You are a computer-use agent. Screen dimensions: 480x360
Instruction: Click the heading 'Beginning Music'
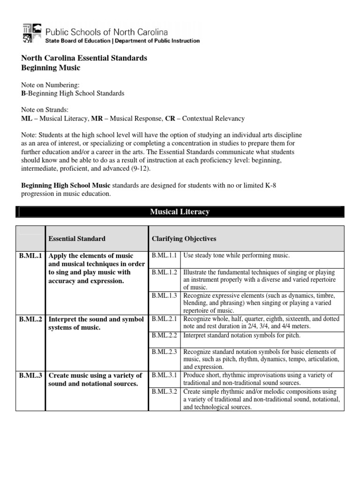click(x=51, y=68)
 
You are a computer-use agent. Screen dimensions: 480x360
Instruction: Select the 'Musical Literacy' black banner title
click(x=180, y=212)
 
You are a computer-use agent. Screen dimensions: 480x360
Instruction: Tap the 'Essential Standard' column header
click(x=77, y=239)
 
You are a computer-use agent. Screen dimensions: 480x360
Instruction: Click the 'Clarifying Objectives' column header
click(x=184, y=239)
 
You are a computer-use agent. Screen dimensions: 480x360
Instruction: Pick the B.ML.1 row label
click(x=30, y=256)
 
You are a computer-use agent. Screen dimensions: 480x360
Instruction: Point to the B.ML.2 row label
click(x=30, y=319)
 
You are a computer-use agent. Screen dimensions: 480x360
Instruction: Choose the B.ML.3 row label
click(x=30, y=375)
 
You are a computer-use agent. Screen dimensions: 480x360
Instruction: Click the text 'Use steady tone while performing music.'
click(x=237, y=255)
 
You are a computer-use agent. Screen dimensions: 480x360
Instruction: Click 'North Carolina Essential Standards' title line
click(x=84, y=58)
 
